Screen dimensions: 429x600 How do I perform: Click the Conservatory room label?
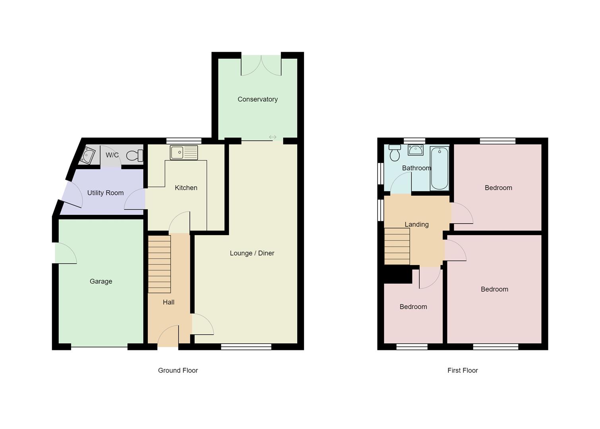coord(257,99)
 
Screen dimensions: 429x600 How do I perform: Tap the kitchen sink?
coord(184,153)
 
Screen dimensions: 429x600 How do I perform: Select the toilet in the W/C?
coord(135,155)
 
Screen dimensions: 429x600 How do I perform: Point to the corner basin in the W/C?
coord(87,155)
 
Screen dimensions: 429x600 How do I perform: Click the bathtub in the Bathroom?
coord(439,168)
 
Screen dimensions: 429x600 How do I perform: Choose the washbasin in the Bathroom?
coord(416,150)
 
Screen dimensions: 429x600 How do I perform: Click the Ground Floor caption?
coord(178,370)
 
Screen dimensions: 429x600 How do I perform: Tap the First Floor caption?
coord(463,370)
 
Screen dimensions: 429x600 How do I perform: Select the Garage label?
coord(101,281)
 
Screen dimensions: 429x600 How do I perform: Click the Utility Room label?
coord(105,193)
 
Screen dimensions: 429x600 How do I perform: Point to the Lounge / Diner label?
coord(252,253)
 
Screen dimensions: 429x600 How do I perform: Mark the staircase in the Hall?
coord(159,264)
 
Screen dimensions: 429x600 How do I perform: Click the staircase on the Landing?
coord(397,246)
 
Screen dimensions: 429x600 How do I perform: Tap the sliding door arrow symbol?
coord(273,137)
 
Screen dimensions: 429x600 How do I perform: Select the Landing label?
coord(416,224)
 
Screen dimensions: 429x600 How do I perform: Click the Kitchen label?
coord(186,187)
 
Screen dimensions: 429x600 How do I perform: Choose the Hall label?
coord(168,302)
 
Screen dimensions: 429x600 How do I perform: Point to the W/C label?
coord(112,155)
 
